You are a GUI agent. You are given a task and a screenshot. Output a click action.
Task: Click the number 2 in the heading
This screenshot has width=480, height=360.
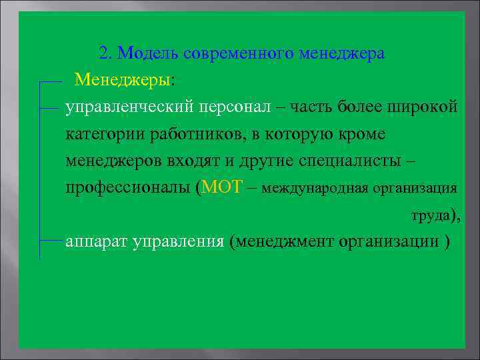(103, 53)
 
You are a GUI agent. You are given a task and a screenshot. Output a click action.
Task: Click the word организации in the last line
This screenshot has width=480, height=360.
(387, 241)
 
